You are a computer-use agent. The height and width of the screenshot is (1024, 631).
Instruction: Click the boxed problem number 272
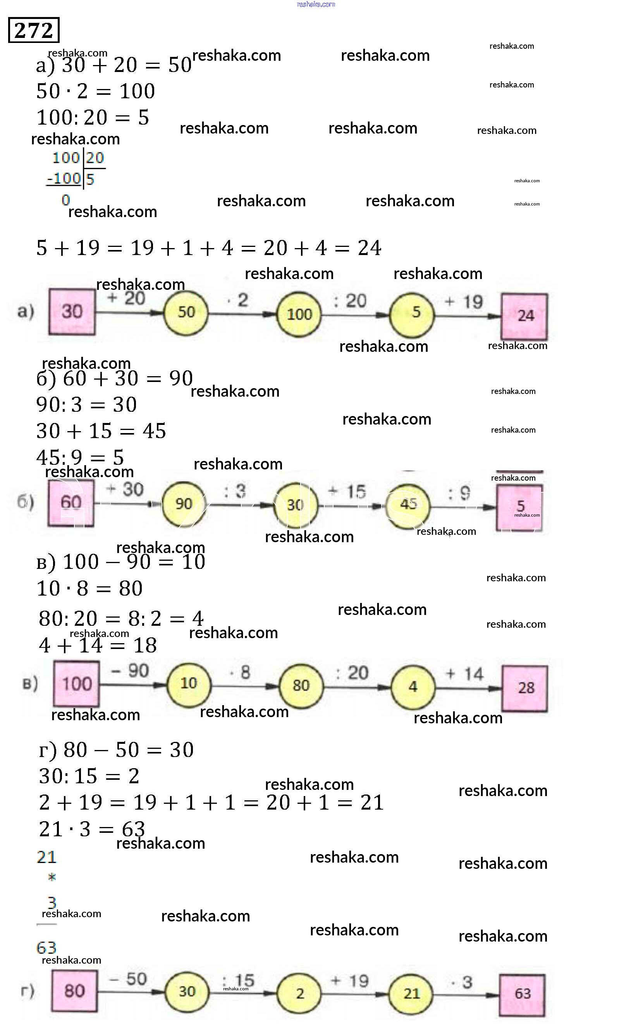33,30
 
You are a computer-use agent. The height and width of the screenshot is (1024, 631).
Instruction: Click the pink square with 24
524,317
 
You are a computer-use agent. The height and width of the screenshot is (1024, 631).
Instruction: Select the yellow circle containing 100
299,314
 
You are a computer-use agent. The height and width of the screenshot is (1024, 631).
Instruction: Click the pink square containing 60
71,502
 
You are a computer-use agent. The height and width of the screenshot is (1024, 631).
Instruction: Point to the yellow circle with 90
184,504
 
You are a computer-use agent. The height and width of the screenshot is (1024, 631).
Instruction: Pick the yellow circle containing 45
408,505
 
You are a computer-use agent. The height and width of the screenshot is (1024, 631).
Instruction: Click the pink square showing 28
524,688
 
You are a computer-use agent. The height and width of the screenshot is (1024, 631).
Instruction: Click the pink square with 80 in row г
75,991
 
